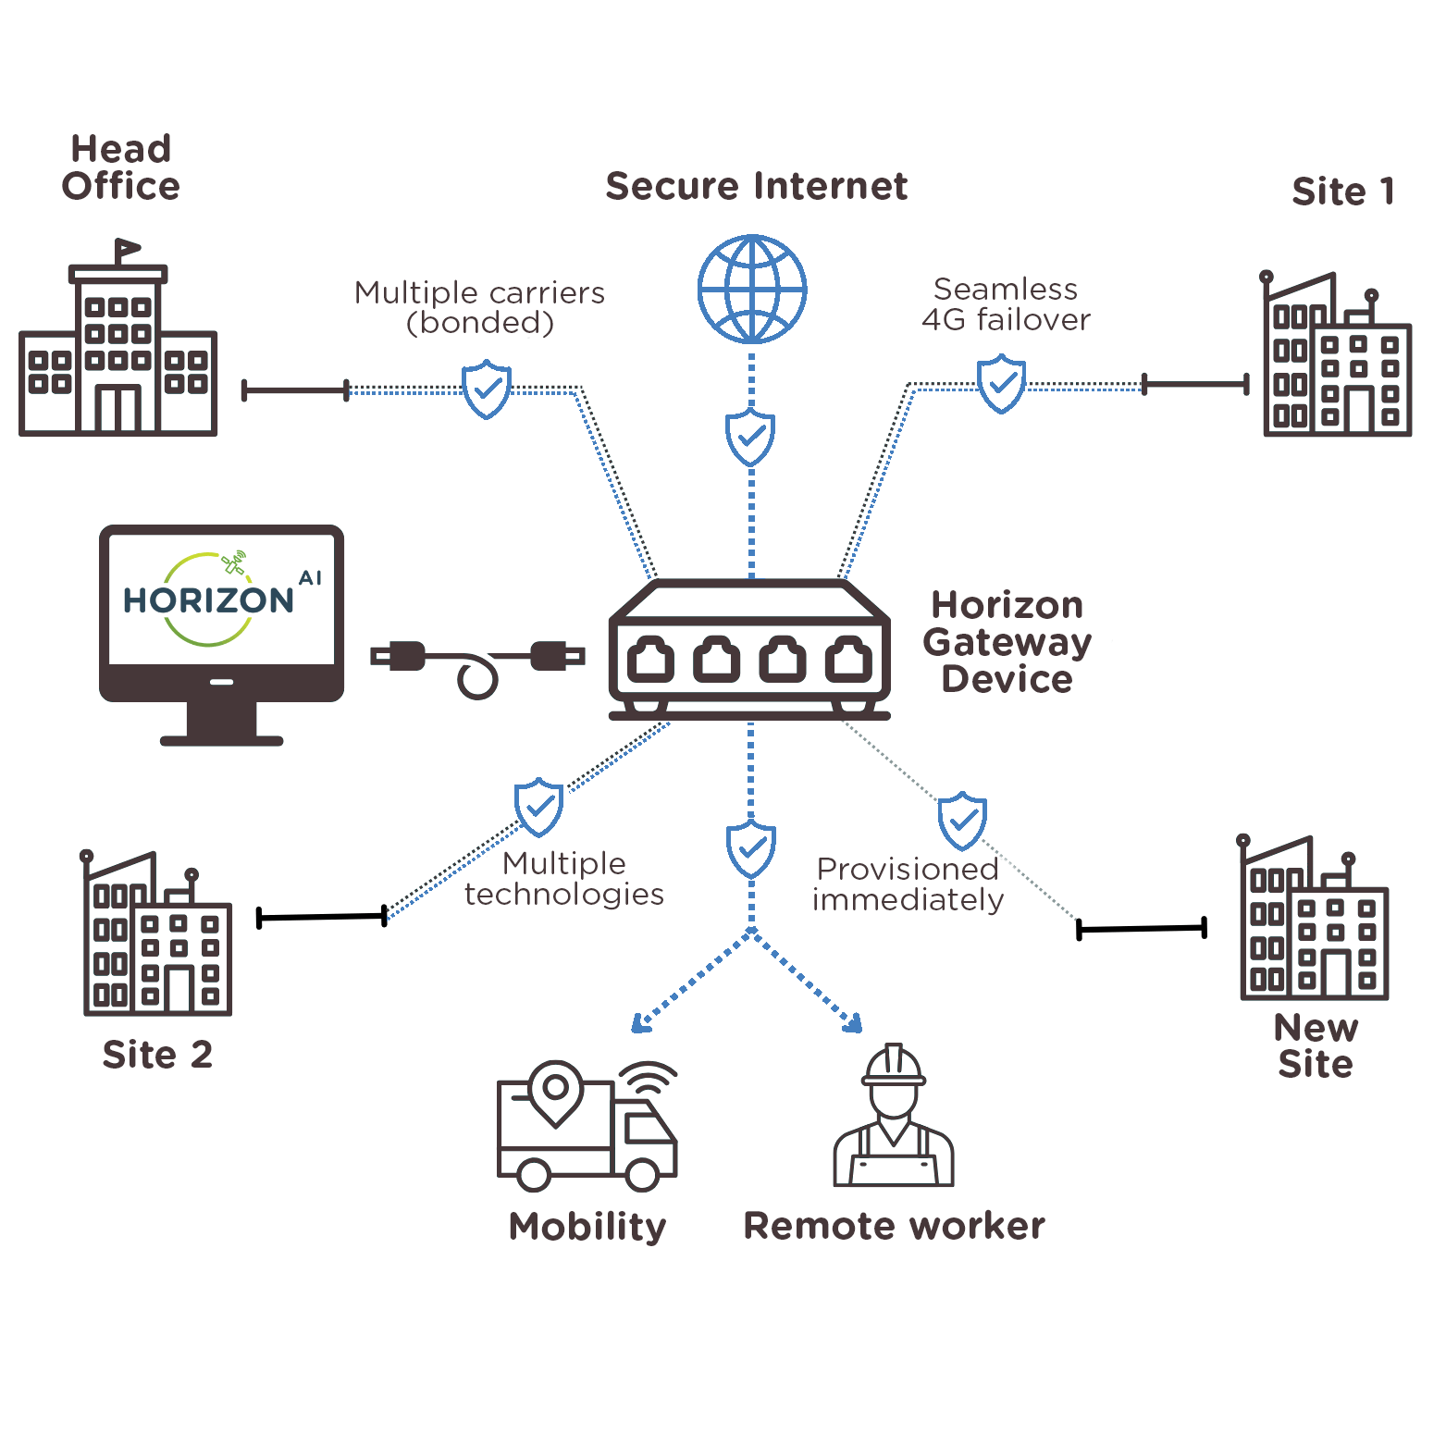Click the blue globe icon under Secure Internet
(752, 289)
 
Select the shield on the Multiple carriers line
(487, 389)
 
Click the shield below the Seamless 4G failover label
(1001, 384)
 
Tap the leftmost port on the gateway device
(650, 660)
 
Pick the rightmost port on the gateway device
(848, 660)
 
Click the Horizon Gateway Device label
(1007, 642)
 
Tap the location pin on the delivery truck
(555, 1090)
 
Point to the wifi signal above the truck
(648, 1078)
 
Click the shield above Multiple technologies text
(538, 807)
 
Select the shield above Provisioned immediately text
(962, 821)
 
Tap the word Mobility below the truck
(587, 1227)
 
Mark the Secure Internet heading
(756, 186)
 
